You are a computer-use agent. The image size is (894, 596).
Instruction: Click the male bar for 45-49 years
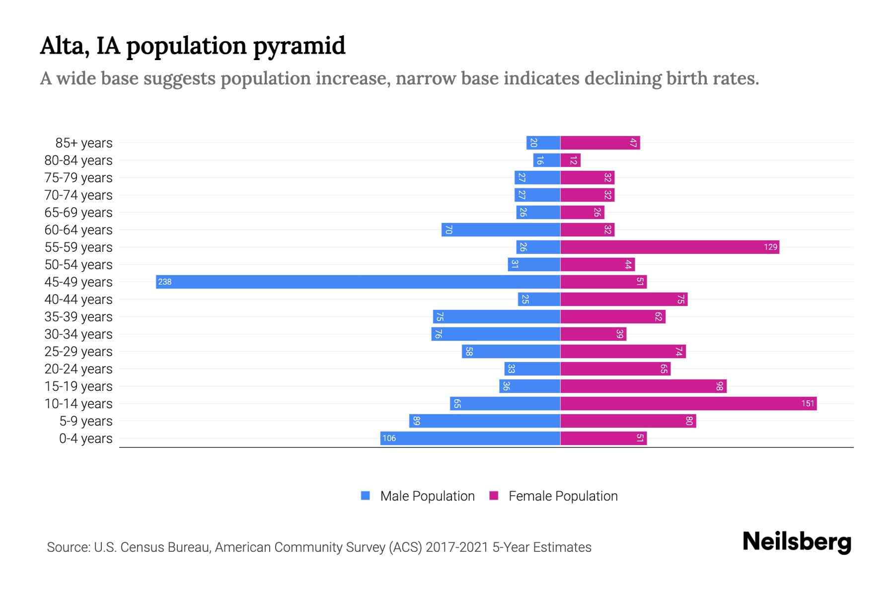pyautogui.click(x=358, y=282)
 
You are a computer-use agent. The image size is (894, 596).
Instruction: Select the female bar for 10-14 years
pyautogui.click(x=688, y=404)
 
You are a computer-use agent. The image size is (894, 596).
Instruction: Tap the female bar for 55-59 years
pyautogui.click(x=670, y=247)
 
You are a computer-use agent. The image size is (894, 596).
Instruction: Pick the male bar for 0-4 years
pyautogui.click(x=470, y=439)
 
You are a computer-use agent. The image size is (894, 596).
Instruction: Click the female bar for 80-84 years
pyautogui.click(x=570, y=160)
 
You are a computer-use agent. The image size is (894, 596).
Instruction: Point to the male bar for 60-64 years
pyautogui.click(x=501, y=230)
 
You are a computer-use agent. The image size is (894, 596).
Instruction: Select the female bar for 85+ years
pyautogui.click(x=600, y=143)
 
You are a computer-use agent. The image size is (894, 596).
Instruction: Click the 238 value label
pyautogui.click(x=164, y=282)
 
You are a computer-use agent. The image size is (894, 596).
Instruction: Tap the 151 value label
pyautogui.click(x=808, y=404)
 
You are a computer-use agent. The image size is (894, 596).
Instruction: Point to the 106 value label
pyautogui.click(x=389, y=439)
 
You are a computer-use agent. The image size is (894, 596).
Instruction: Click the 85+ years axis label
pyautogui.click(x=83, y=143)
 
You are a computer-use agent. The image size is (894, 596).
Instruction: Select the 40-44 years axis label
pyautogui.click(x=78, y=299)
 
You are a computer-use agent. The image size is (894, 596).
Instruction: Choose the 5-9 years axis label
pyautogui.click(x=85, y=421)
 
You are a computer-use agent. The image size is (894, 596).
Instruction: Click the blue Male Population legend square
pyautogui.click(x=366, y=496)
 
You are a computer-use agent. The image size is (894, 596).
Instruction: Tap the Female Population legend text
pyautogui.click(x=563, y=496)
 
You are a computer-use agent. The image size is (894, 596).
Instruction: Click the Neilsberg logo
pyautogui.click(x=797, y=542)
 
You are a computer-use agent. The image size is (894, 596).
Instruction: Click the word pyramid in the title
pyautogui.click(x=299, y=46)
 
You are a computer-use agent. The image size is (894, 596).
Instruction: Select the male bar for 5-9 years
pyautogui.click(x=484, y=421)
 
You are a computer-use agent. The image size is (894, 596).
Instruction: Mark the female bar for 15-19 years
pyautogui.click(x=643, y=386)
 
